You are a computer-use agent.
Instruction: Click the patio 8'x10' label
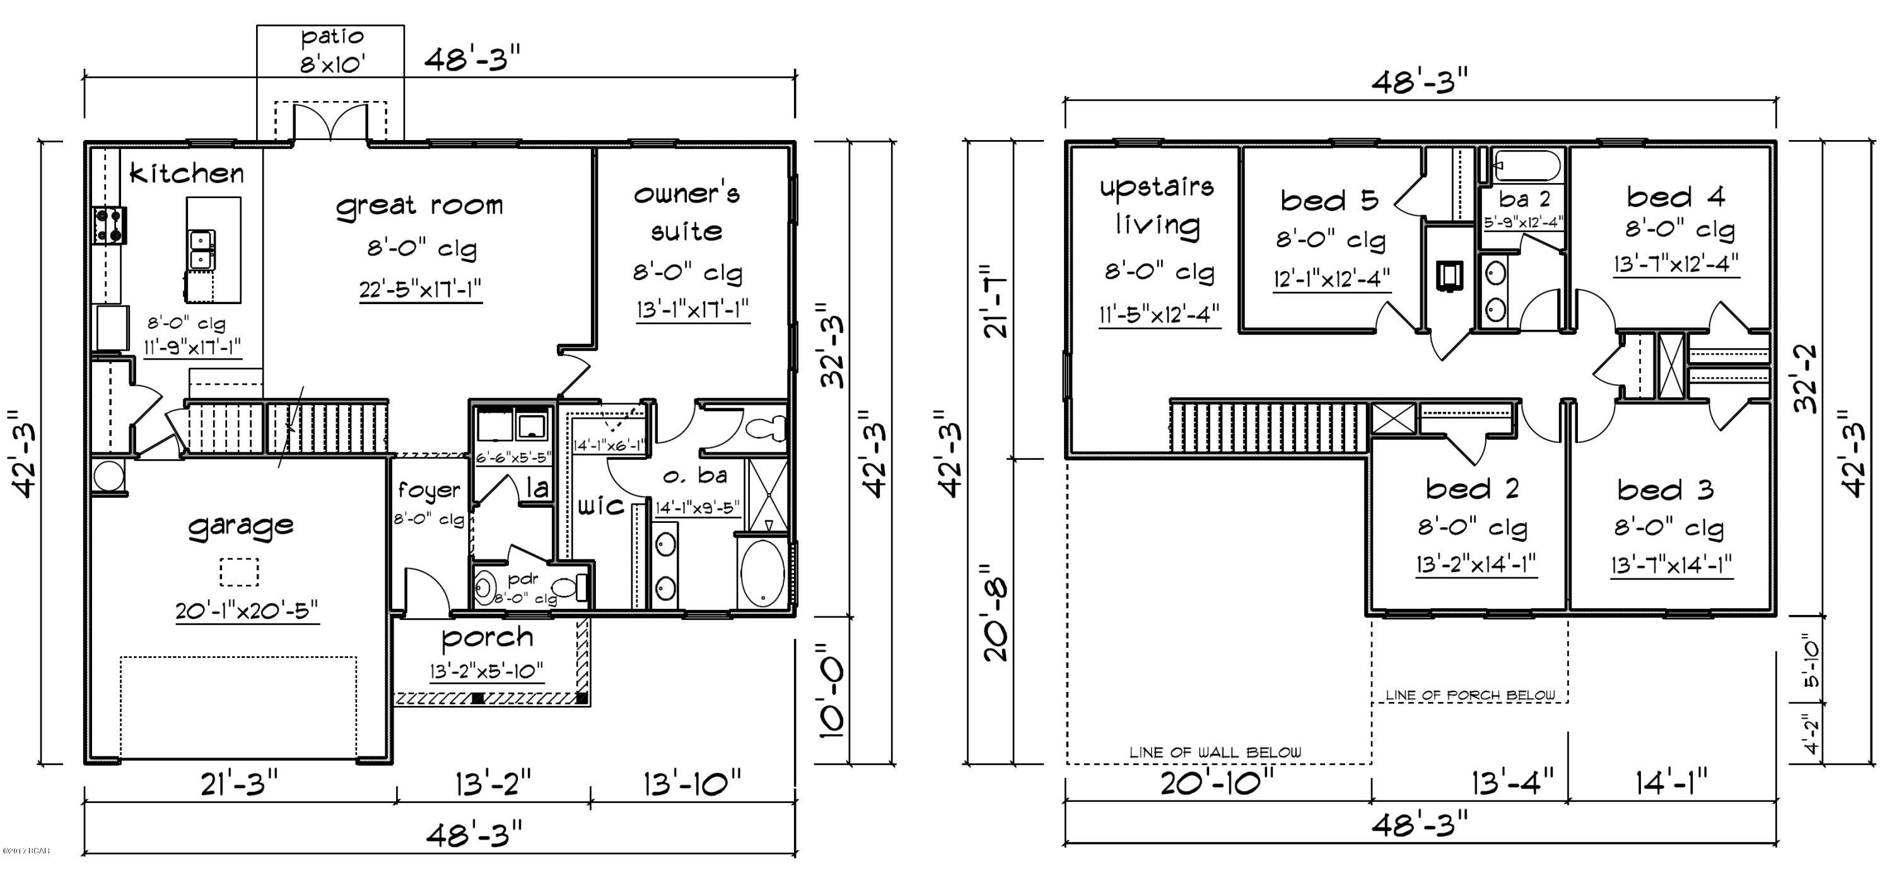(x=331, y=50)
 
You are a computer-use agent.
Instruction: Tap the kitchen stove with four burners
(x=108, y=225)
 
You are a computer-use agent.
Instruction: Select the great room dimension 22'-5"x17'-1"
(x=420, y=290)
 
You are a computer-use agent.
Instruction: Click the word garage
(x=241, y=526)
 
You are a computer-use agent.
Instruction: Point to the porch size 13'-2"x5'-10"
(x=486, y=671)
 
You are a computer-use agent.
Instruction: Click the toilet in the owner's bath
(x=767, y=428)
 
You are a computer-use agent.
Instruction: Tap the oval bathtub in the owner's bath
(x=762, y=575)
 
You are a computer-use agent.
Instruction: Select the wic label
(x=601, y=505)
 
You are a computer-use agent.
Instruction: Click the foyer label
(x=429, y=490)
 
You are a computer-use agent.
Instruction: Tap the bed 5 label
(x=1329, y=201)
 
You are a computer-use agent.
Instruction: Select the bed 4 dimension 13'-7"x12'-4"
(x=1676, y=263)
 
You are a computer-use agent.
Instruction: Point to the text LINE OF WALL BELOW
(x=1215, y=752)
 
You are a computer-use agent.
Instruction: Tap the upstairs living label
(x=1156, y=206)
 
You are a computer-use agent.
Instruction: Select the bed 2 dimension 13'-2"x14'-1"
(x=1476, y=564)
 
